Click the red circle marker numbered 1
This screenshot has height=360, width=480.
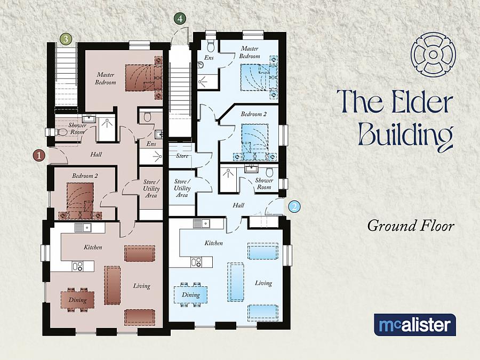point(39,155)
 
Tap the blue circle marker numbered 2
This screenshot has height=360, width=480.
point(294,206)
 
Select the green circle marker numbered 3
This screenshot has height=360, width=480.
point(66,38)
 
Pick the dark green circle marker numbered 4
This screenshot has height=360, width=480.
point(180,18)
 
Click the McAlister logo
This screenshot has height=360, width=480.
point(414,325)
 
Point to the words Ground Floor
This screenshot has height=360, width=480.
point(410,226)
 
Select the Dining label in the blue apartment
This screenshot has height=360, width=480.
point(190,294)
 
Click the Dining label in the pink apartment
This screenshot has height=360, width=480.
point(77,300)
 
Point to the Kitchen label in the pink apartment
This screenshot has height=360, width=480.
point(93,247)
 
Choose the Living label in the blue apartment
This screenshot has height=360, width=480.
point(263,283)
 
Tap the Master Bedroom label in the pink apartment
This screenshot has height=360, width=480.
point(106,78)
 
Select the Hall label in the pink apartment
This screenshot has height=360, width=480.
point(96,155)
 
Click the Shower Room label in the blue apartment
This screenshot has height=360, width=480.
point(264,183)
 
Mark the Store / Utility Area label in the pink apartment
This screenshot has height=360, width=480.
point(150,189)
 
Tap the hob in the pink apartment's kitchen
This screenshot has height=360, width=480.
point(77,266)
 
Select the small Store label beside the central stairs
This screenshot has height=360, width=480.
point(182,156)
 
